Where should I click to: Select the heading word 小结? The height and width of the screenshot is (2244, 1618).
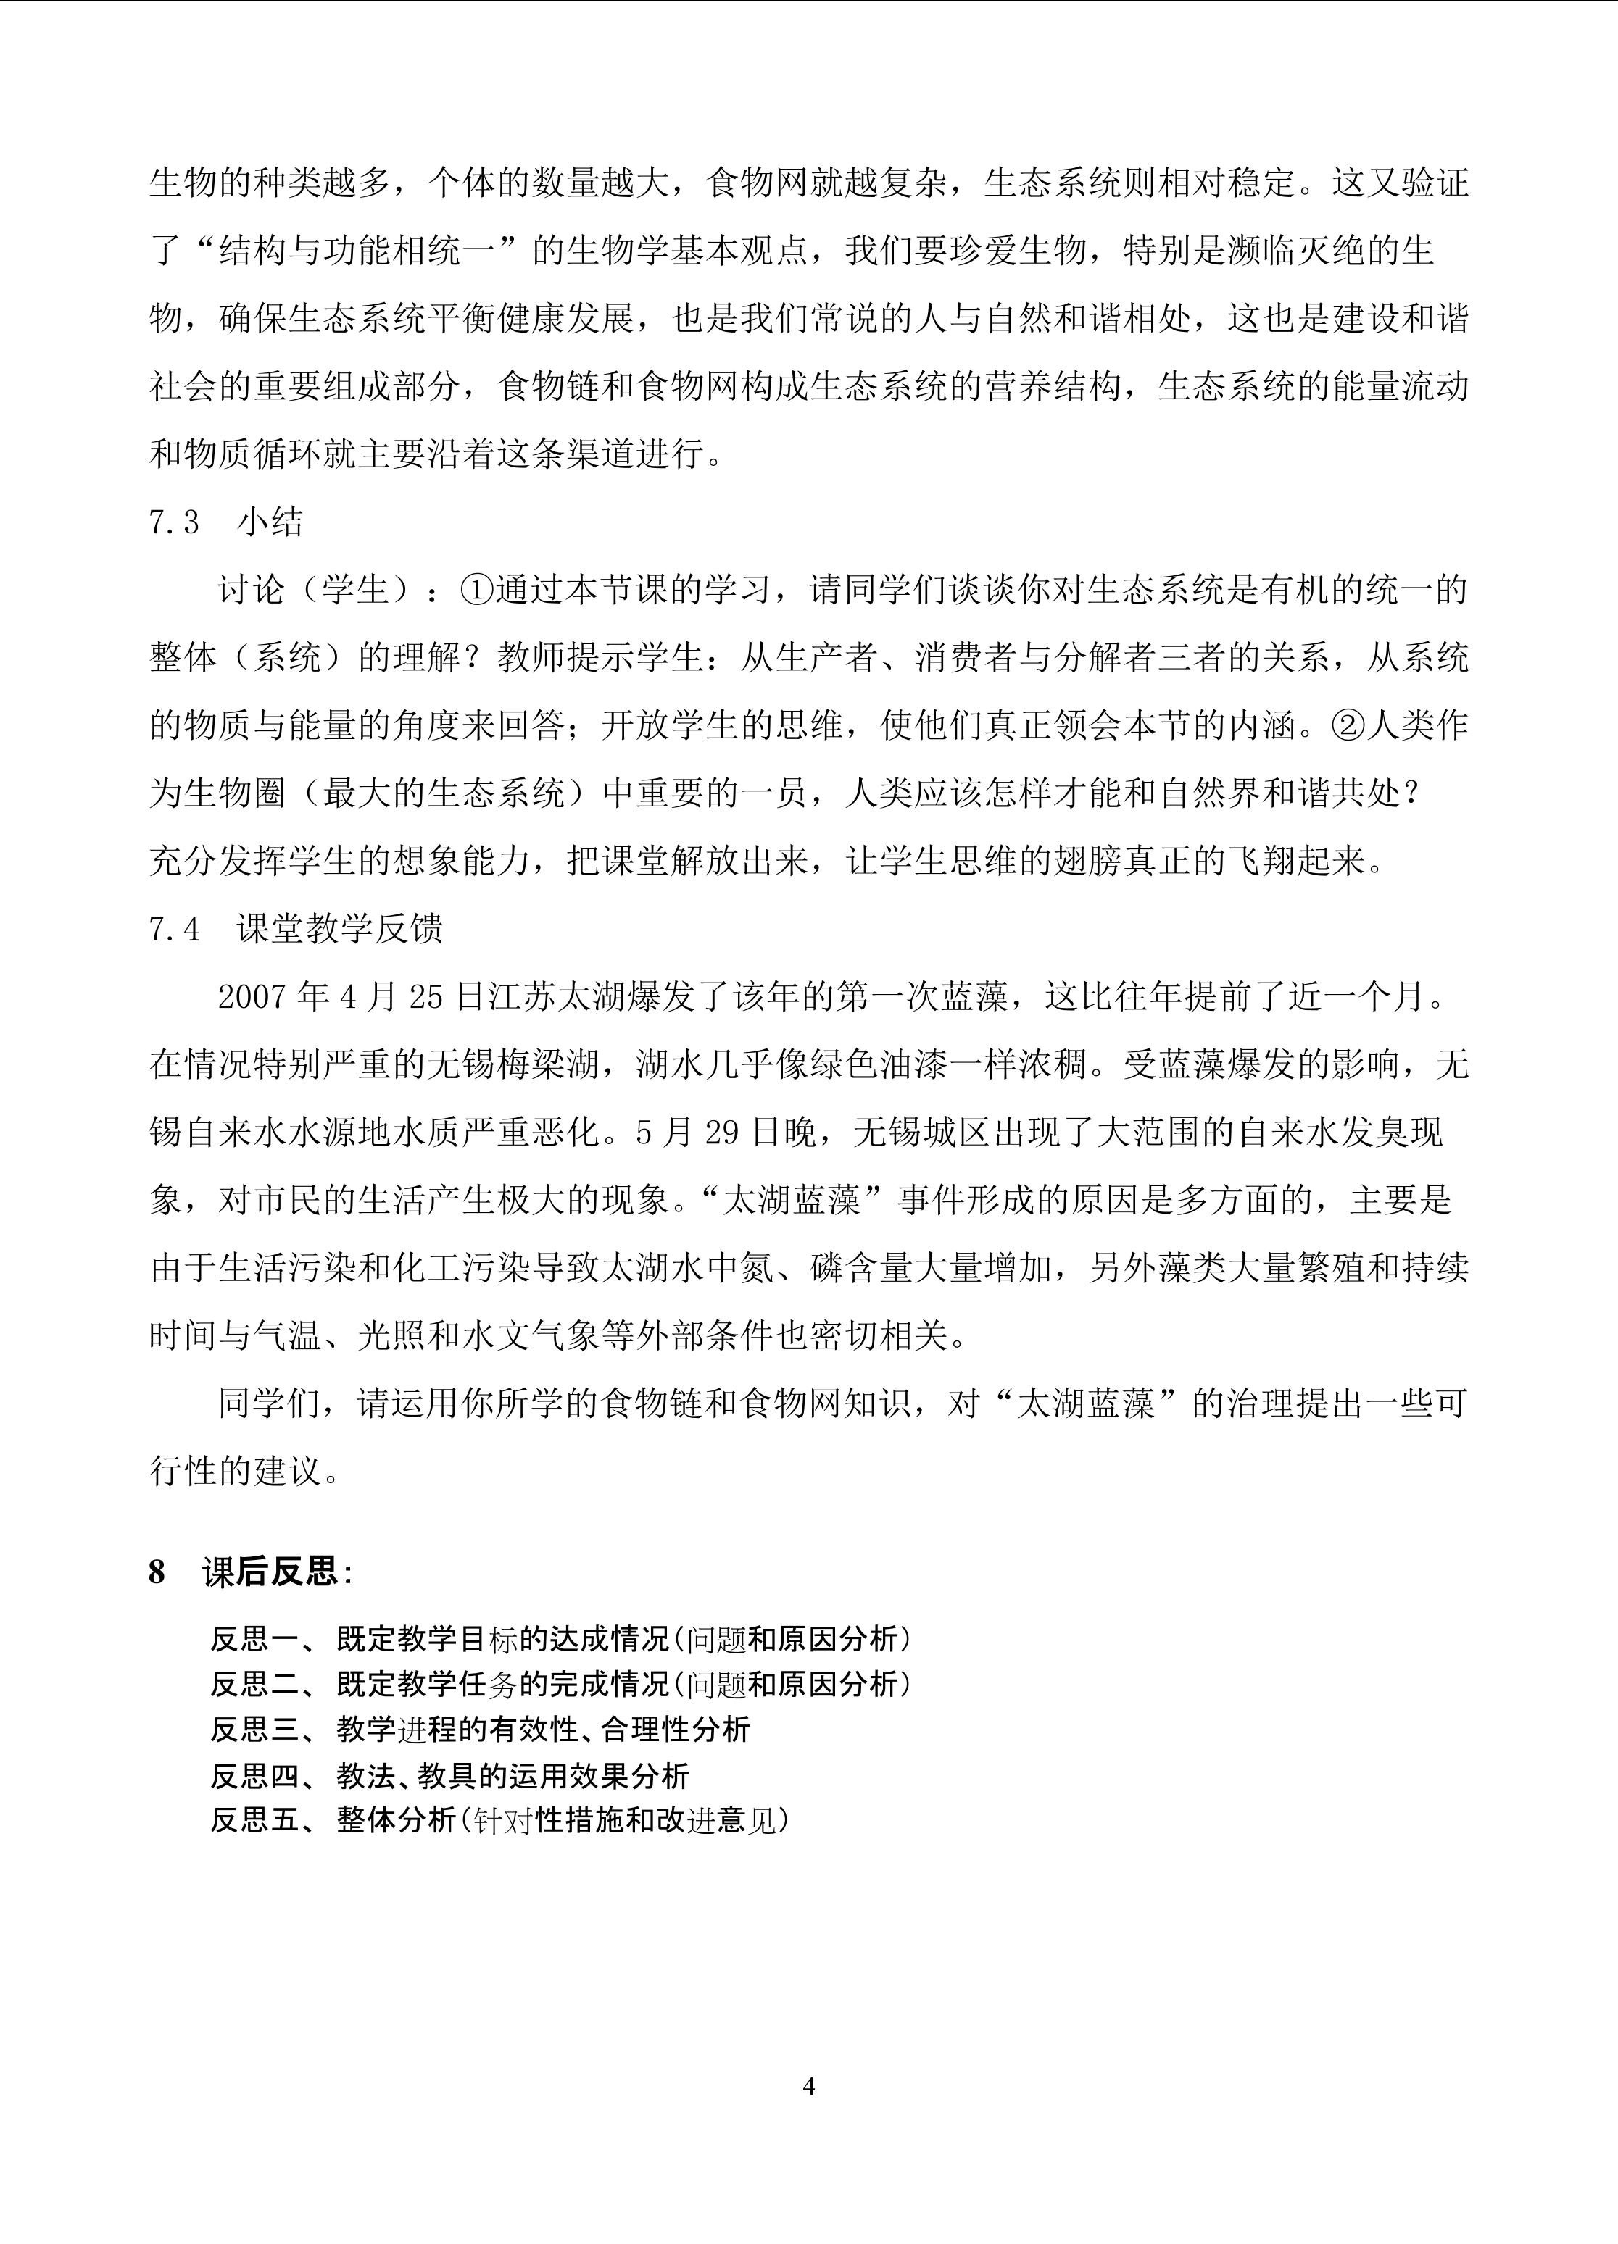click(x=270, y=522)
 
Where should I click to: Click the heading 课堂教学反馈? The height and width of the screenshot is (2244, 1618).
click(x=339, y=928)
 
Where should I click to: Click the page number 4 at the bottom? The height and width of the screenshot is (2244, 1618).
click(x=808, y=2087)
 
